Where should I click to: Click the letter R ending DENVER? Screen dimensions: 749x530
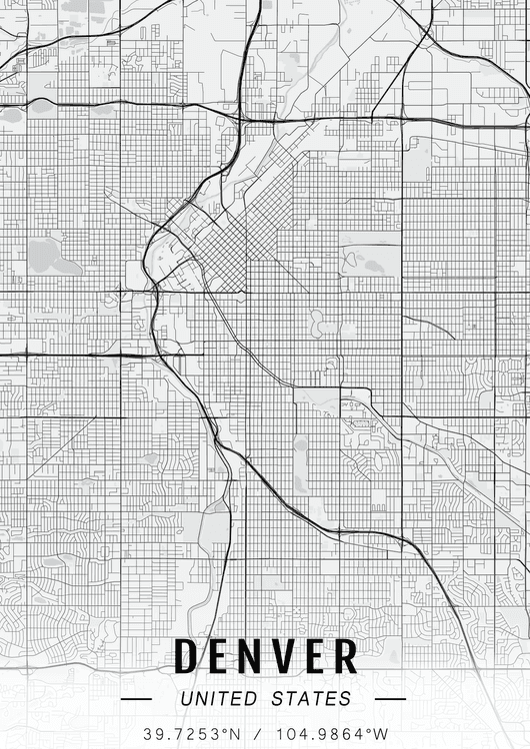(x=346, y=656)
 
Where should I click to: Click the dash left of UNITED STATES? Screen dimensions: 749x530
(x=136, y=699)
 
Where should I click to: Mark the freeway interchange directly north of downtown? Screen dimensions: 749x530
(x=241, y=119)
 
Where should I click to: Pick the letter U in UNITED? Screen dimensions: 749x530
(x=187, y=699)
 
